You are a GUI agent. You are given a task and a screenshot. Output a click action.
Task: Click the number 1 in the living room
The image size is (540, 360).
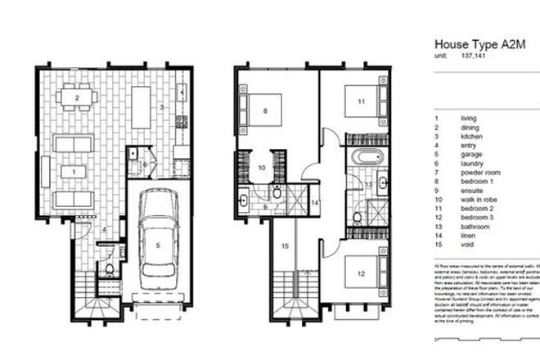(x=74, y=171)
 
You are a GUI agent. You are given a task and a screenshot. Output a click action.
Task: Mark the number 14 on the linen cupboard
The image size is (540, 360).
(x=314, y=201)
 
